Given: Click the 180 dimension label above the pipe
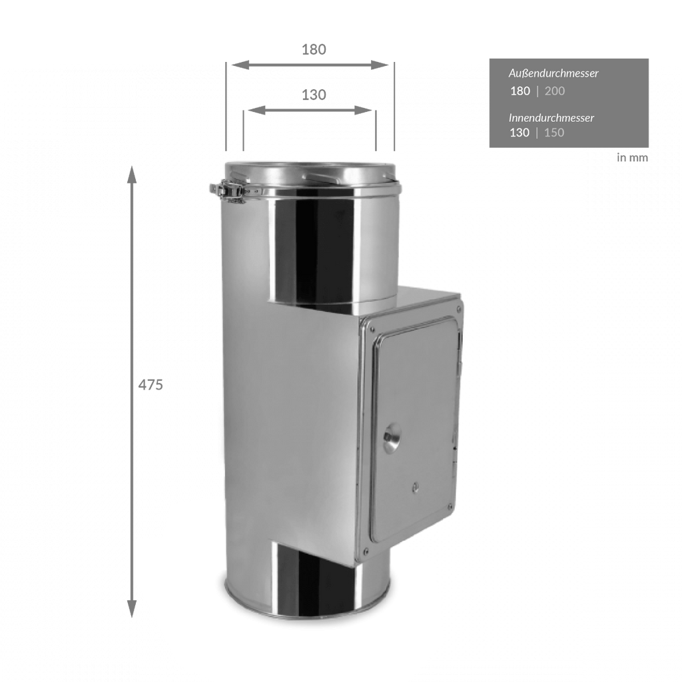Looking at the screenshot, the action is click(x=314, y=49).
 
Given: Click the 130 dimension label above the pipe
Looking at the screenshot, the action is click(x=314, y=95).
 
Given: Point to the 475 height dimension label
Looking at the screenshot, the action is click(x=151, y=385).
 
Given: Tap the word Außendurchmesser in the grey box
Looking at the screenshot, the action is click(x=553, y=73).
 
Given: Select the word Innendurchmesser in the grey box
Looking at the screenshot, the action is click(x=551, y=117).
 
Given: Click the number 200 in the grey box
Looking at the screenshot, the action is click(x=555, y=91).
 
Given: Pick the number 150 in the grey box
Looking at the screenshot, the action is click(x=554, y=133).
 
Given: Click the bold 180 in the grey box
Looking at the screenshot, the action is click(x=520, y=91).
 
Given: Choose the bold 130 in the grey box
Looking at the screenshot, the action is click(x=519, y=133).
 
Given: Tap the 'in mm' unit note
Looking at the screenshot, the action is click(x=633, y=157).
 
